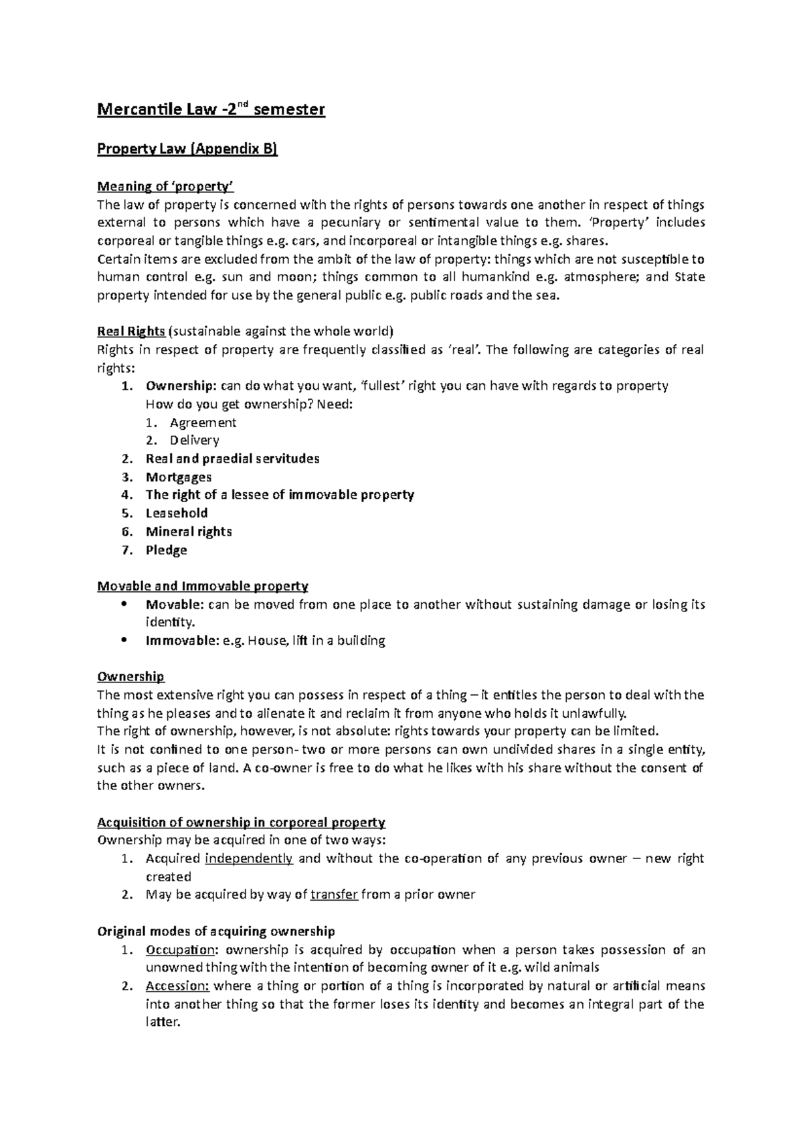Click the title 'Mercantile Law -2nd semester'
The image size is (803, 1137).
tap(211, 109)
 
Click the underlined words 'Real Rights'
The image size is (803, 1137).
tap(130, 331)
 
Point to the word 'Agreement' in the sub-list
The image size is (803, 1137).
tap(203, 423)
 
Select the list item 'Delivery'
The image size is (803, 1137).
tap(194, 441)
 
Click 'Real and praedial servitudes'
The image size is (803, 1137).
tap(232, 459)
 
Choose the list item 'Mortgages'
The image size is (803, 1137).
tap(179, 477)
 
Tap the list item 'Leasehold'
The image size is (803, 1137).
tap(177, 513)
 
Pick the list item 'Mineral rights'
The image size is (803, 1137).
tap(189, 532)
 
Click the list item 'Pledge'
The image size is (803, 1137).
tap(166, 550)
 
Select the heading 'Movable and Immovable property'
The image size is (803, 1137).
tap(202, 586)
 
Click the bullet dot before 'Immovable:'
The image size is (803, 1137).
tap(122, 640)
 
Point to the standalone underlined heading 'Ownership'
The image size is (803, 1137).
tap(130, 676)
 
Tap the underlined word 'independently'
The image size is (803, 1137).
tap(248, 858)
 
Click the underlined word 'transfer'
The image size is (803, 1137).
tap(334, 895)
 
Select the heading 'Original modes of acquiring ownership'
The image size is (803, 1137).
tap(215, 931)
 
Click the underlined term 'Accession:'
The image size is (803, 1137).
tap(177, 986)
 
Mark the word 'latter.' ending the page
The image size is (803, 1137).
tap(163, 1022)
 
